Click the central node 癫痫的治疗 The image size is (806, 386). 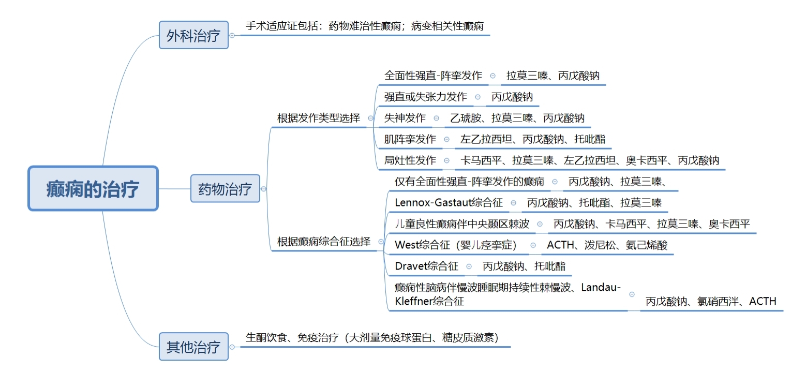click(93, 188)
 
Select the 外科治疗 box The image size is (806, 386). click(193, 35)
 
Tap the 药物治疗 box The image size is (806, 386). click(225, 188)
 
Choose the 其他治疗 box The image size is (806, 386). click(193, 347)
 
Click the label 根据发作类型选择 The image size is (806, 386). click(319, 118)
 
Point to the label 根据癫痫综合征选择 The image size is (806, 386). click(324, 242)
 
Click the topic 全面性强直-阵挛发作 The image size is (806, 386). click(433, 76)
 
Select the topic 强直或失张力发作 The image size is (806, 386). click(426, 97)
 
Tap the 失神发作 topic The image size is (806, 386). click(405, 118)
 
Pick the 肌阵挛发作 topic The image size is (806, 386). click(410, 139)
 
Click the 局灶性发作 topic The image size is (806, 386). click(410, 160)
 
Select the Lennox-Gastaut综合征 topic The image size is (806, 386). click(449, 202)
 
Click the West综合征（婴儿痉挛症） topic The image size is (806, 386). click(456, 245)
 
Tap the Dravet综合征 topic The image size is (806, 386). click(426, 266)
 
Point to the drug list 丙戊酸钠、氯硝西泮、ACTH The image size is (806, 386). click(711, 301)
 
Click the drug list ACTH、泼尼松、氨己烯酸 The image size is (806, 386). click(607, 245)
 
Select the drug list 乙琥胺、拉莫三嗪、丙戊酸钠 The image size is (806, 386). click(517, 118)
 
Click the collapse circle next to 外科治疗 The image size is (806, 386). click(232, 35)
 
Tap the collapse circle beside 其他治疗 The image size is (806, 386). click(232, 347)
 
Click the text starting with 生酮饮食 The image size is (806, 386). click(372, 337)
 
